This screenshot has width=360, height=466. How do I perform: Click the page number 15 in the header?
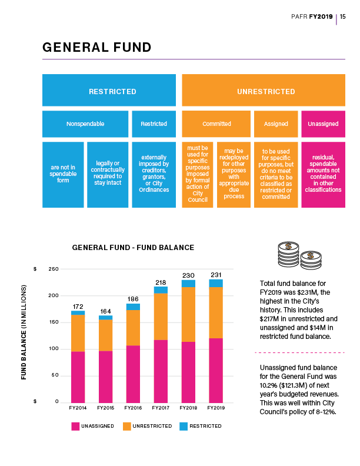pos(343,16)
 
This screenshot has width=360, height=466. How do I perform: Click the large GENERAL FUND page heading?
pos(96,48)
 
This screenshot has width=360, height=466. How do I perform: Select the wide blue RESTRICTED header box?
pos(109,91)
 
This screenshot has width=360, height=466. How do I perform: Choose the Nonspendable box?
pos(85,124)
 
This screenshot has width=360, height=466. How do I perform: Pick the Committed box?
pos(216,124)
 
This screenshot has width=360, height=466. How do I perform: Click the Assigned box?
pos(275,124)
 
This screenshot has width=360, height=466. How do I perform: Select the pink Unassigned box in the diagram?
pos(323,124)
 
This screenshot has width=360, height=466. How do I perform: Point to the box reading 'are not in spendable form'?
pos(63,174)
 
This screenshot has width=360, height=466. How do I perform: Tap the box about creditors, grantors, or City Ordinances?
pos(154,174)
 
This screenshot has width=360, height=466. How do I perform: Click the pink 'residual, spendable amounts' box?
pos(323,174)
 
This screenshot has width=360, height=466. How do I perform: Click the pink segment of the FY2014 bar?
pos(78,377)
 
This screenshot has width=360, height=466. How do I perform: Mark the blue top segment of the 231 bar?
pos(216,282)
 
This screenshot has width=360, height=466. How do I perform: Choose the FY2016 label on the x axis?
pos(133,407)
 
